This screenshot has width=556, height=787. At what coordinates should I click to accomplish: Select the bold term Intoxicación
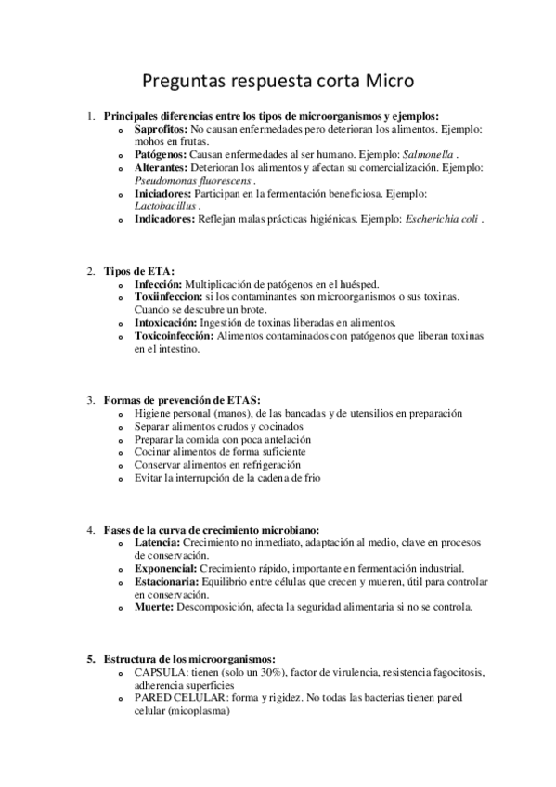tap(166, 323)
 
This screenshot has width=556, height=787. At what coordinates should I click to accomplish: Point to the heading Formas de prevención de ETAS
tap(182, 400)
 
